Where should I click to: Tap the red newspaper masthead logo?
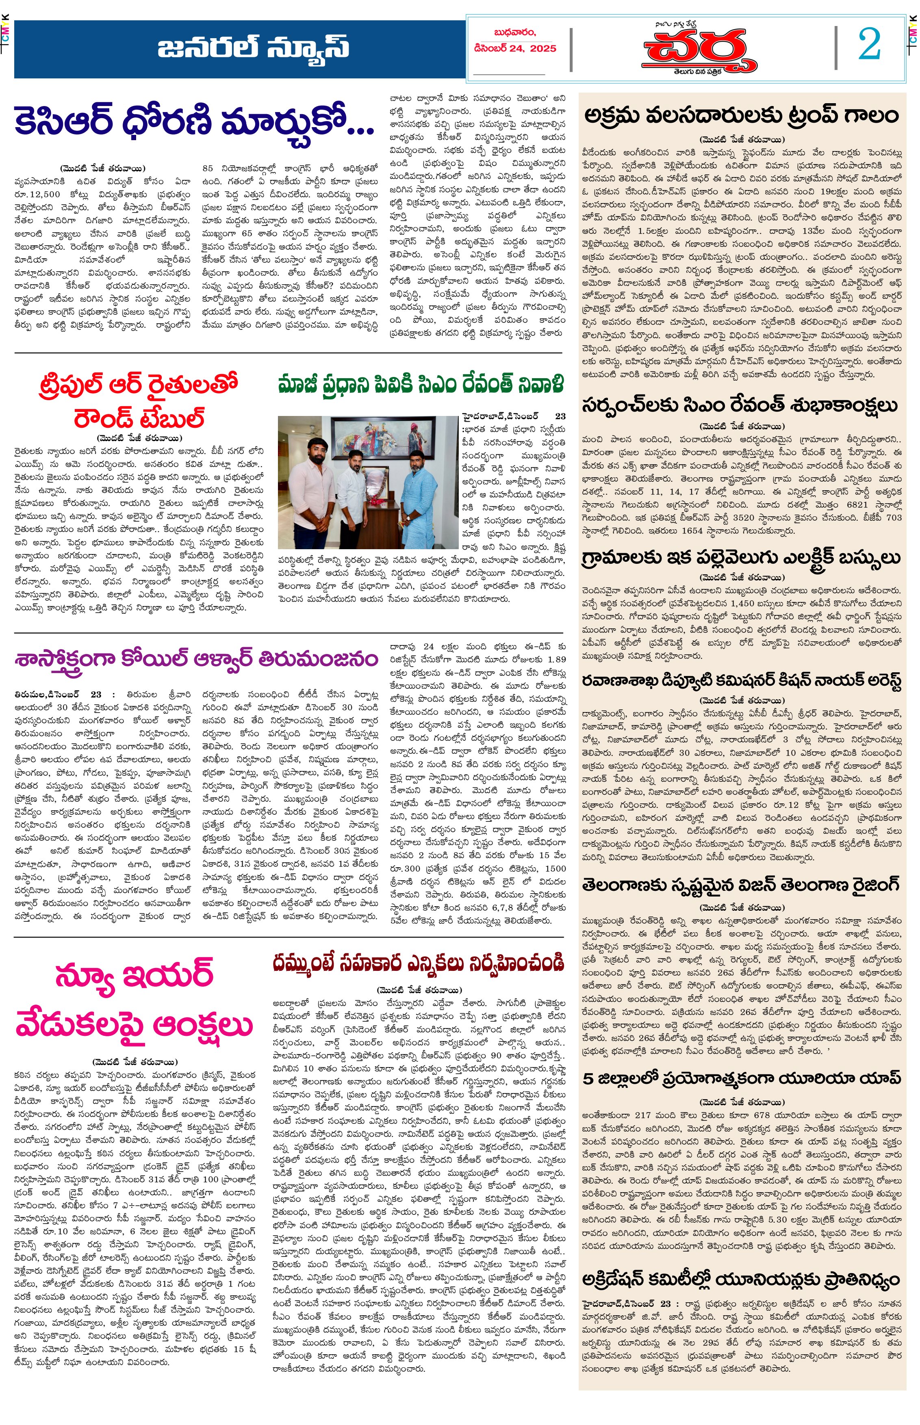coord(699,50)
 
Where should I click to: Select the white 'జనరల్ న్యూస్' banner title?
coord(253,48)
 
